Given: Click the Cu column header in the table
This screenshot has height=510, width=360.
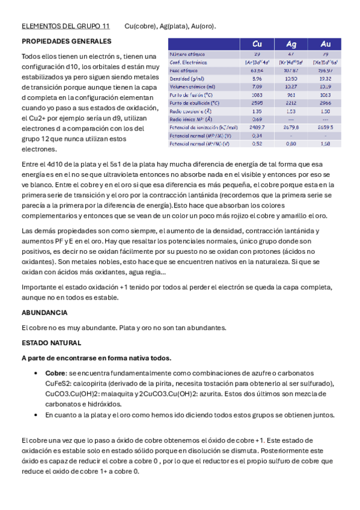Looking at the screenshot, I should coord(257,44).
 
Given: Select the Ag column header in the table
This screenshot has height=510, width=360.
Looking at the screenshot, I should coord(291,44).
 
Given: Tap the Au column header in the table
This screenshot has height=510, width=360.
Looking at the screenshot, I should coord(325,44).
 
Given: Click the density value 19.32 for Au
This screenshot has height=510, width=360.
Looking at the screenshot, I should coord(325,79).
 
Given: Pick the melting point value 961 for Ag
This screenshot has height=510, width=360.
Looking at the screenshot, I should coord(291,95).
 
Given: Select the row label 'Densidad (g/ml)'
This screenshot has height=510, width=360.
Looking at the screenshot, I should coord(186,79).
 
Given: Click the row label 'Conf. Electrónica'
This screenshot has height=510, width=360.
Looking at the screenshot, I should coord(188,63).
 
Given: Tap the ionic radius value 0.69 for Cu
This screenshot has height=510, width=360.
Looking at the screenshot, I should coord(257,119).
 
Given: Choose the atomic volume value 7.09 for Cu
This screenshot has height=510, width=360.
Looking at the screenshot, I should coord(257,87).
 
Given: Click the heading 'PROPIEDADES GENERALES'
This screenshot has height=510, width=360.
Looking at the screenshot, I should coord(66,41).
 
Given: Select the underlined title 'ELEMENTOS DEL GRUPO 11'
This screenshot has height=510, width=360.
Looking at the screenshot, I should coord(66,26).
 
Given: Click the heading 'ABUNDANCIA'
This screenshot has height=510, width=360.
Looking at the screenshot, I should coord(44,313).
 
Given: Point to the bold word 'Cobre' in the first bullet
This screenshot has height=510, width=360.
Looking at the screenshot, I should coord(55,373).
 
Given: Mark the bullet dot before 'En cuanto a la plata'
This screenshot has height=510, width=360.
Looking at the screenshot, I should coord(38,415).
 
